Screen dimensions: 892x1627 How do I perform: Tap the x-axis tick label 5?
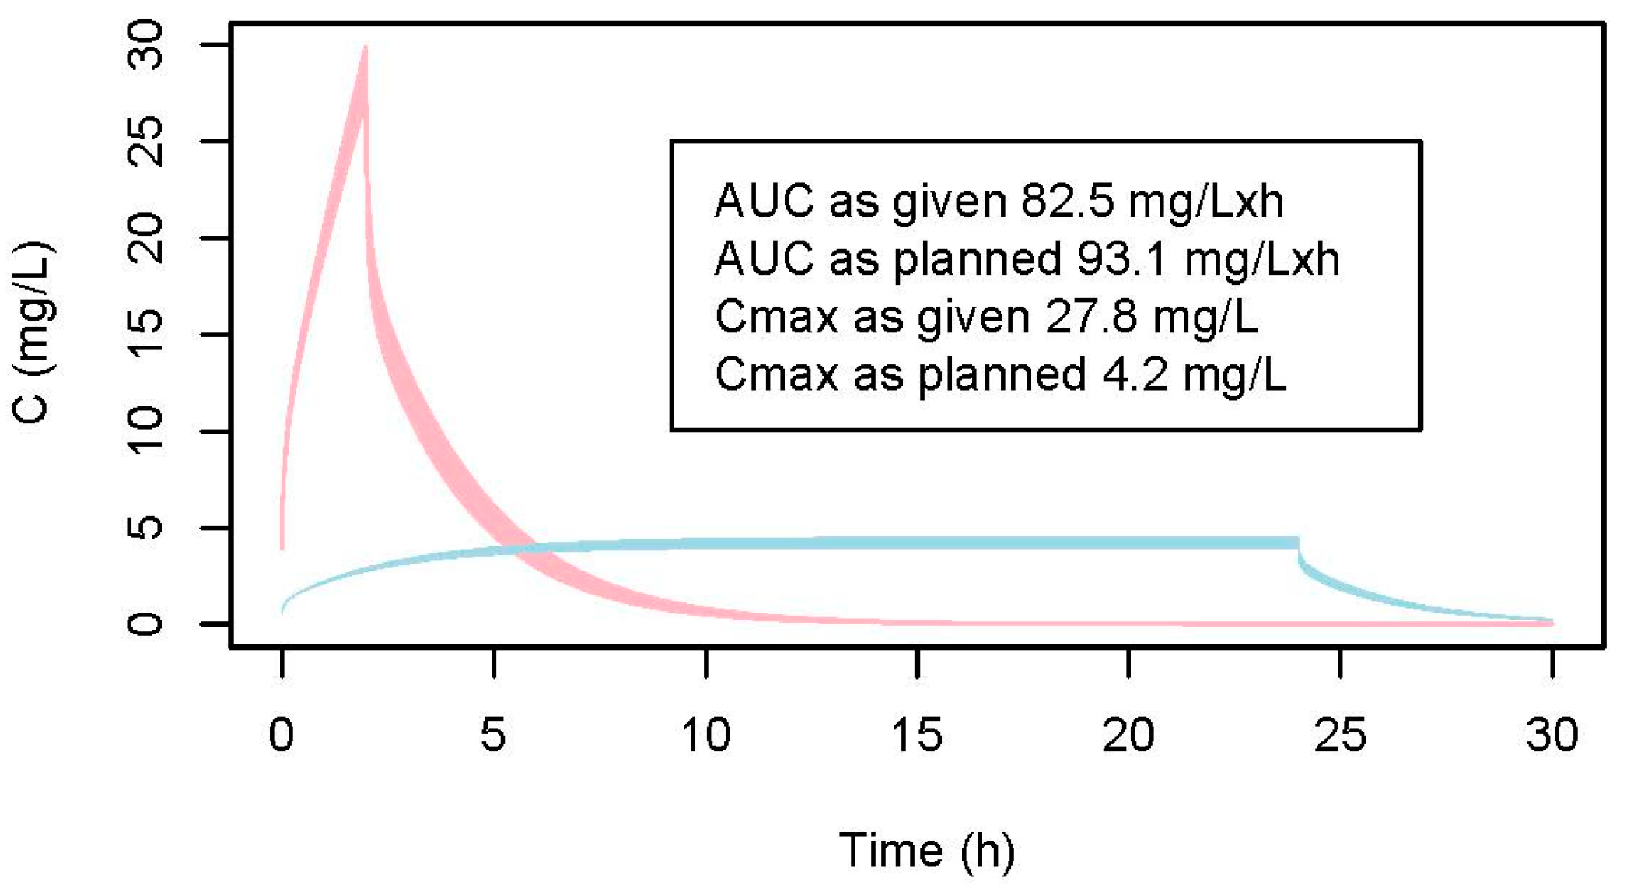[493, 734]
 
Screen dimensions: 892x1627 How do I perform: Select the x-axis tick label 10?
[705, 734]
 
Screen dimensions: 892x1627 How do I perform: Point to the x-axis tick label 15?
[917, 734]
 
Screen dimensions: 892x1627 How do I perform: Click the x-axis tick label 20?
[1128, 734]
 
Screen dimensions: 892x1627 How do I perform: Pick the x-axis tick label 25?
[1340, 734]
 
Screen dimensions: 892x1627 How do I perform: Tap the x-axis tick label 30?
[1552, 734]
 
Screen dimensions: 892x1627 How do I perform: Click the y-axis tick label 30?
[145, 45]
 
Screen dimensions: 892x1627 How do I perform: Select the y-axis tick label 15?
[145, 335]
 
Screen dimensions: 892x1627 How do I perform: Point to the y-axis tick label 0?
[145, 624]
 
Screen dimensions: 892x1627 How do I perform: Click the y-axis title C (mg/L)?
[33, 333]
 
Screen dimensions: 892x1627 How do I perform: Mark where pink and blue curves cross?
[517, 549]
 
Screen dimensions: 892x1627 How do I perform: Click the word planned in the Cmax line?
[1002, 374]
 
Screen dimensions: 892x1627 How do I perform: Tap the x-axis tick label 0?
[282, 734]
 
